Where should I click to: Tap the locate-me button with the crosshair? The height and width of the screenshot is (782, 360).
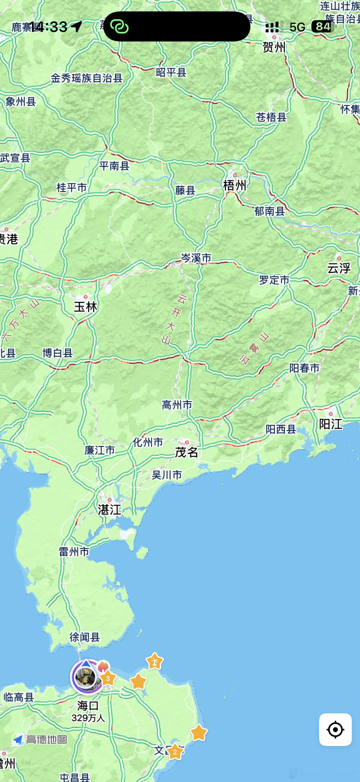tap(335, 729)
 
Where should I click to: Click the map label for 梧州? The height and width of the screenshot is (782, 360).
tap(235, 185)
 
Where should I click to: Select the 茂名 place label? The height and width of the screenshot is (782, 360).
tap(186, 452)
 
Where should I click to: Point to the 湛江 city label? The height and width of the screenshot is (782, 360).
tap(109, 510)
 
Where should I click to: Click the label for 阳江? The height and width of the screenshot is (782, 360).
tap(331, 424)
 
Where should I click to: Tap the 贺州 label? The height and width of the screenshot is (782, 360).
tap(274, 47)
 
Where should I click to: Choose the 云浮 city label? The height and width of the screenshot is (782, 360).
tap(339, 268)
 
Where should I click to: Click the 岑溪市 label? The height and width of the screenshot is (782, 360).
tap(196, 258)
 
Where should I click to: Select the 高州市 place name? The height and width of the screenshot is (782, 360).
tap(177, 405)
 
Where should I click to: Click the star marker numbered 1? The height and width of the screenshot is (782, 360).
tap(155, 661)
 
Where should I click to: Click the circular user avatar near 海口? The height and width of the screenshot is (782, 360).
tap(86, 677)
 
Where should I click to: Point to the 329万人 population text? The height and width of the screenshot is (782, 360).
tap(88, 718)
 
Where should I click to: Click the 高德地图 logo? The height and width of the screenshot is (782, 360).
tap(40, 739)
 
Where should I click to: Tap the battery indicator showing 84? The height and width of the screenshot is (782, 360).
tap(323, 27)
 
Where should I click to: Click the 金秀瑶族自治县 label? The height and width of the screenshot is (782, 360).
tap(86, 78)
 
